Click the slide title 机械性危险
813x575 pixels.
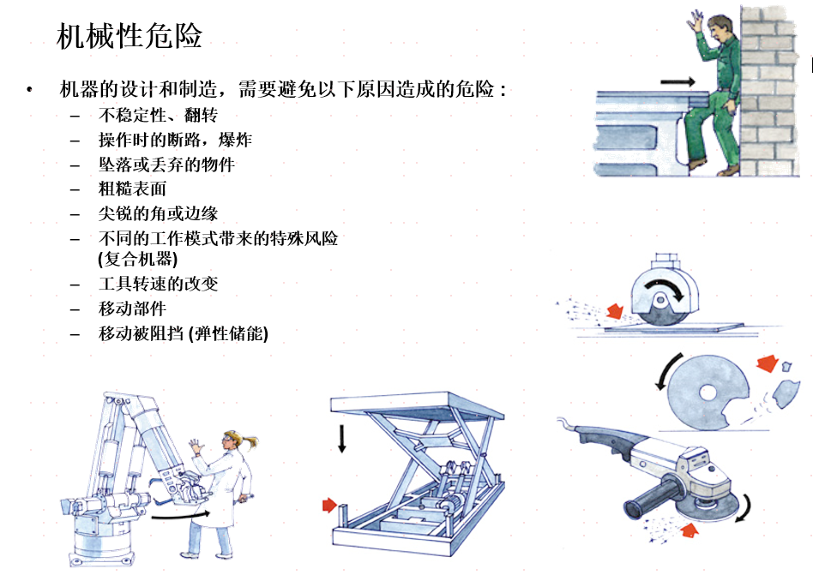click(x=129, y=36)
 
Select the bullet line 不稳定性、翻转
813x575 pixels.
click(x=158, y=115)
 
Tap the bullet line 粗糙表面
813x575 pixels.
click(x=132, y=189)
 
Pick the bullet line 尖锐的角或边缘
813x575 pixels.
click(x=158, y=213)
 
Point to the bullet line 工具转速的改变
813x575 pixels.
click(x=158, y=284)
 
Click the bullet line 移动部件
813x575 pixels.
click(x=132, y=308)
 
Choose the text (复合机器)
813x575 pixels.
click(x=137, y=259)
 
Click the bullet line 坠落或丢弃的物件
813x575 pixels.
click(x=166, y=165)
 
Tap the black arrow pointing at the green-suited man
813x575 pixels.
click(x=677, y=82)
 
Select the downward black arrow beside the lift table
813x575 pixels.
click(x=341, y=438)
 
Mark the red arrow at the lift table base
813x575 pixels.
click(x=329, y=505)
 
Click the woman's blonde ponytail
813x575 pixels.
click(x=250, y=442)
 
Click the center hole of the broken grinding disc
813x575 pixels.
click(x=708, y=392)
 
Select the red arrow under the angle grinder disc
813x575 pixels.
click(x=690, y=530)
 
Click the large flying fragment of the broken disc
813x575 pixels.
click(x=786, y=393)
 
